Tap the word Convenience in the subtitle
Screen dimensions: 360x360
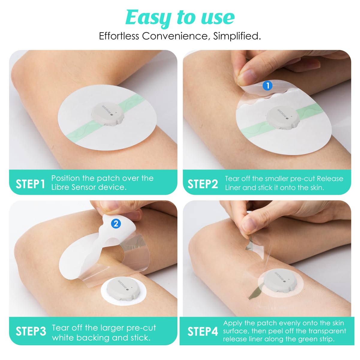click(175, 36)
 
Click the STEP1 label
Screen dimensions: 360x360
click(30, 184)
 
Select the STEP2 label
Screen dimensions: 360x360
click(203, 184)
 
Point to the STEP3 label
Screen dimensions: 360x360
click(31, 332)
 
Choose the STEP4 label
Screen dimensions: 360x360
click(203, 332)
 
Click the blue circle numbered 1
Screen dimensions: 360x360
click(267, 86)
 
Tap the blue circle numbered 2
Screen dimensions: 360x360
click(116, 224)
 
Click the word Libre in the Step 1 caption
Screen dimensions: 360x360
click(61, 187)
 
